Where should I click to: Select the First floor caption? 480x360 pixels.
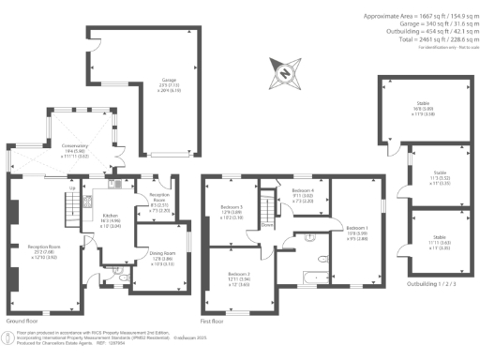(215, 321)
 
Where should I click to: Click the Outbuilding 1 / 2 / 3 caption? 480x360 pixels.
(428, 282)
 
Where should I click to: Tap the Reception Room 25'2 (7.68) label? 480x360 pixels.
(31, 252)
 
